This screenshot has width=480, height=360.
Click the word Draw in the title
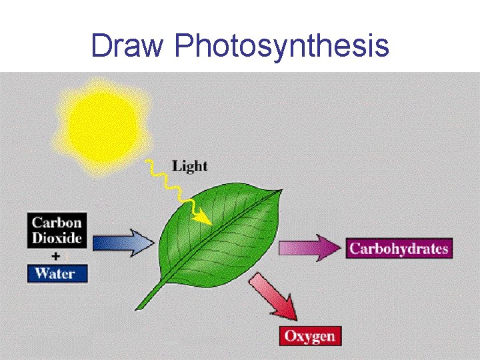point(128,46)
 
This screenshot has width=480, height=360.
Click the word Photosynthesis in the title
point(281,47)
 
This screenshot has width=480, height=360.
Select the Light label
point(189,165)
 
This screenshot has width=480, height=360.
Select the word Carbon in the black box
point(57,223)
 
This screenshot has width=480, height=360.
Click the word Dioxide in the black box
point(57,237)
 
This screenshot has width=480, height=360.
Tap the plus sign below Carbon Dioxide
point(56,255)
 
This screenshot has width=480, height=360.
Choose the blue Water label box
point(57,273)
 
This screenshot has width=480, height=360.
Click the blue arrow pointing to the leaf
point(123,242)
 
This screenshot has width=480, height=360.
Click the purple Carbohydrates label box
point(399,249)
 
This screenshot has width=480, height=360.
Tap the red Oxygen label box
point(310,335)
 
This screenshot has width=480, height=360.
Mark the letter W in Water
point(41,273)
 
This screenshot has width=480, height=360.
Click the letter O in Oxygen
point(291,335)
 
